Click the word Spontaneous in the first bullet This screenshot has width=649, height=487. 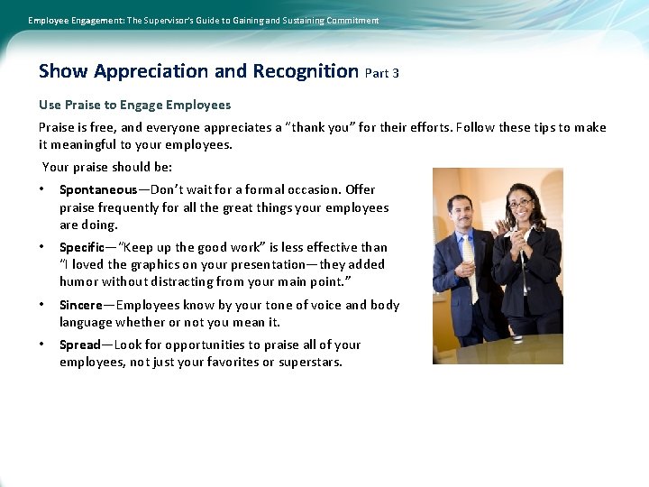(98, 189)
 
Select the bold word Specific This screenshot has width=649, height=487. (84, 247)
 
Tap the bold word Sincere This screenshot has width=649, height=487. (81, 305)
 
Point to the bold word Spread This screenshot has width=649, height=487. (80, 345)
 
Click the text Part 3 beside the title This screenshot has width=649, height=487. (382, 73)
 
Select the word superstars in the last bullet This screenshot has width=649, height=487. (311, 362)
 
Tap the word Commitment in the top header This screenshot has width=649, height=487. (348, 20)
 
